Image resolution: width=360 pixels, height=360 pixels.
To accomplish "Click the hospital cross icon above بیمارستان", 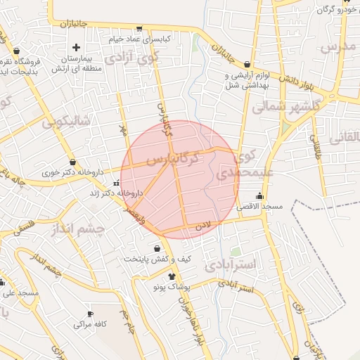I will coord(76,47).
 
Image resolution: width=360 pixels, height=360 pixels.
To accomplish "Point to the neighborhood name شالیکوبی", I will coord(65,121).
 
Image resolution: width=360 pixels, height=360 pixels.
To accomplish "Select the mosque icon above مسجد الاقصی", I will coord(260,196).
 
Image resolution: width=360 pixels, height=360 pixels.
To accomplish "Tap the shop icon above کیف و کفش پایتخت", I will coord(165,248).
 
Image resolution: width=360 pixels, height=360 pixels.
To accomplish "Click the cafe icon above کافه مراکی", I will coord(89,314).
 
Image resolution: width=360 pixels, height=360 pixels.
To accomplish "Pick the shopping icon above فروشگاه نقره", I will coord(16,51).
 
